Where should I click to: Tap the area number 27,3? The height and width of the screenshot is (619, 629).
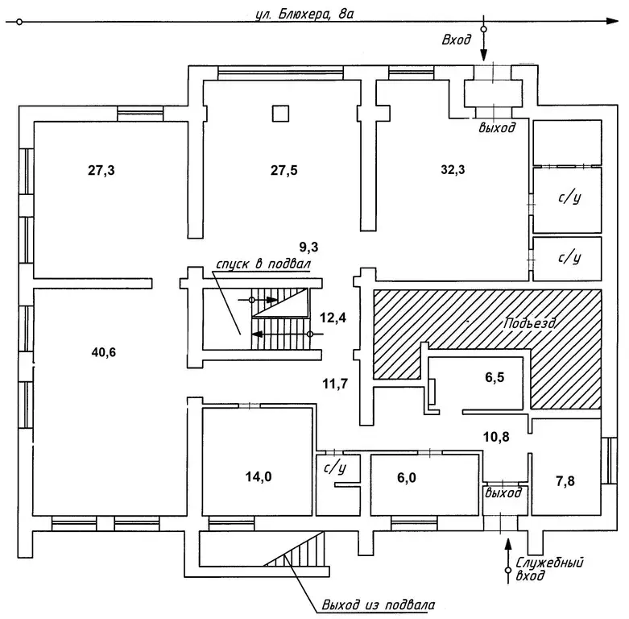point(101,170)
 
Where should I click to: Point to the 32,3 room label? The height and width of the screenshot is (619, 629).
point(453,170)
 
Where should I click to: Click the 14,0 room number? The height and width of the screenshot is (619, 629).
point(258,476)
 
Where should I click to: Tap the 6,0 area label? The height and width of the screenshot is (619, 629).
point(407,477)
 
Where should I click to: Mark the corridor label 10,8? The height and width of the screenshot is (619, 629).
point(496,438)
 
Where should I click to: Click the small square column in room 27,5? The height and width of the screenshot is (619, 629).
point(279,113)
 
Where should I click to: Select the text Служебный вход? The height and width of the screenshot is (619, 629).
point(551,567)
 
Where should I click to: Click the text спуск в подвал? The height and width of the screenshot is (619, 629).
point(263,264)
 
